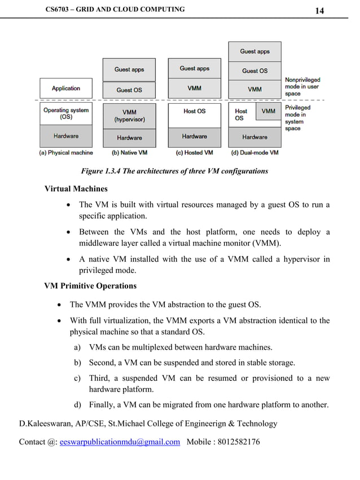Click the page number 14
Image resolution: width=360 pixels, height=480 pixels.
[319, 11]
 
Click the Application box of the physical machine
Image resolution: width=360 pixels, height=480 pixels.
[66, 88]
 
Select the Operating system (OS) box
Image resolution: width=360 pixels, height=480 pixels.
[66, 113]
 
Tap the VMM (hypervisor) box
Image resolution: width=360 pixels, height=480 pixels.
[129, 116]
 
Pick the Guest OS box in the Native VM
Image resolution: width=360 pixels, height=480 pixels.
[129, 90]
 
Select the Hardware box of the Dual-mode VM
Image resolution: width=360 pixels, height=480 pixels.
[254, 137]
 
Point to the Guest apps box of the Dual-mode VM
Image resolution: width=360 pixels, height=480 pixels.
[254, 51]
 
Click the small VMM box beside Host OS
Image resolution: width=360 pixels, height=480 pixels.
[269, 111]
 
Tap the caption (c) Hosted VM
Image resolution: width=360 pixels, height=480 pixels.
[194, 153]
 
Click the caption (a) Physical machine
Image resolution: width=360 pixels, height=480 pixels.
[66, 153]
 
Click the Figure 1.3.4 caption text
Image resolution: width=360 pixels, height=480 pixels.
[174, 171]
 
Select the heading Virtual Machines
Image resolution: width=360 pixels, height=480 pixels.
[76, 188]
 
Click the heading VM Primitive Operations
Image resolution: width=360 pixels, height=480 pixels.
[90, 286]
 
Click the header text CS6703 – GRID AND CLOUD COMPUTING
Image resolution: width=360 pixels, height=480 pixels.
[115, 10]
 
